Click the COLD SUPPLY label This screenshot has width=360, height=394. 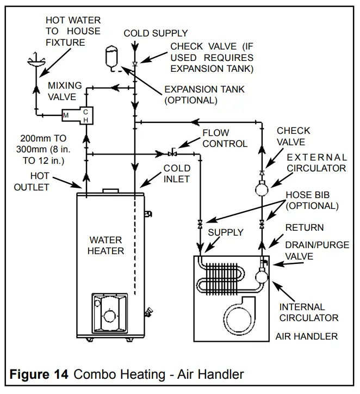156,33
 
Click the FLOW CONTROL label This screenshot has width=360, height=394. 225,138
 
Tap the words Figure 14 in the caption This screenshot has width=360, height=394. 38,374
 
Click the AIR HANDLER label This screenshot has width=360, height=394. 305,336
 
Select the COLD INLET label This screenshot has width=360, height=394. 177,174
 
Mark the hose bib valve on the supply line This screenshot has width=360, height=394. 200,224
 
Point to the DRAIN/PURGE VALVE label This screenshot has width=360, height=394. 317,251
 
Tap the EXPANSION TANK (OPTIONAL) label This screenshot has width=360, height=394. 204,95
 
